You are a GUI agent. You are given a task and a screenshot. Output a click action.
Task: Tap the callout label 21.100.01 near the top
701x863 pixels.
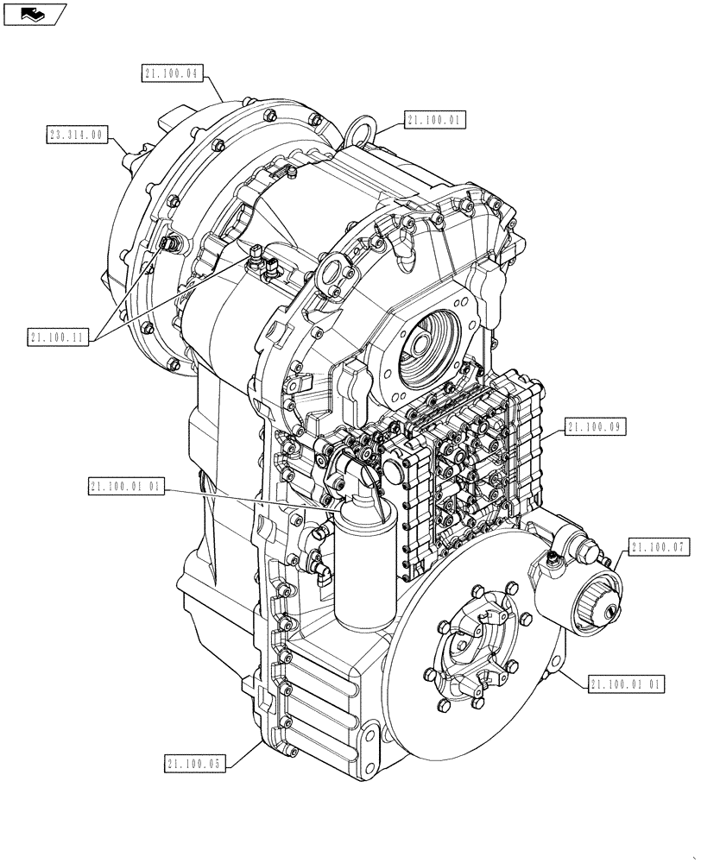click(434, 120)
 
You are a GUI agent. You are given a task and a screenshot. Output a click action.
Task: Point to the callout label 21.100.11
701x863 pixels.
click(60, 337)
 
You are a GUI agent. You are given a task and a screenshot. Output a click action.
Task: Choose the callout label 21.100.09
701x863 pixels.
click(596, 426)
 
